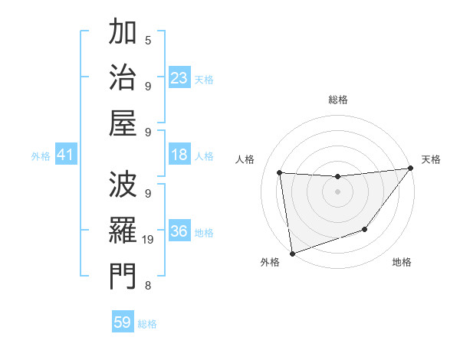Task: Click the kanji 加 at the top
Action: point(123,33)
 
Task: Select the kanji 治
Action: point(123,77)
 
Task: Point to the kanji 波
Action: point(123,185)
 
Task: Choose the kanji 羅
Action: point(123,230)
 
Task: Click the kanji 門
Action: point(123,275)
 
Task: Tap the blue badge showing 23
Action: point(179,78)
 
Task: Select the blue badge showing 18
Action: point(179,155)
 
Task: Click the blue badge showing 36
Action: point(179,231)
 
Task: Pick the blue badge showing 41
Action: point(65,155)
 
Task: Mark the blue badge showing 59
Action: point(123,322)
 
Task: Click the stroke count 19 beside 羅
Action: point(149,240)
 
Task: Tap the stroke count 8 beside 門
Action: point(148,286)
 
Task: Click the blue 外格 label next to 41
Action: point(41,156)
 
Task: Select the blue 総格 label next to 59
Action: point(147,324)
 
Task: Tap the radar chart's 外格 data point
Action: point(291,253)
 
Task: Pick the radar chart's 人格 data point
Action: point(280,172)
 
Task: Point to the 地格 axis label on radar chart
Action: point(402,263)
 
